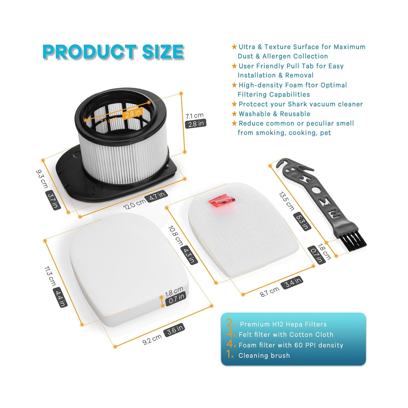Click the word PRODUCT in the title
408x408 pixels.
(90, 52)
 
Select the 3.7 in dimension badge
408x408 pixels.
(53, 200)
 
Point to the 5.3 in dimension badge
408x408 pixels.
(302, 221)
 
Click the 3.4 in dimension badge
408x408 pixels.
(292, 282)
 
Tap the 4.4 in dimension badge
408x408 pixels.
(60, 297)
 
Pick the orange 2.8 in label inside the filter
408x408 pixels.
(133, 113)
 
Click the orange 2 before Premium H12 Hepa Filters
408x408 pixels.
(229, 323)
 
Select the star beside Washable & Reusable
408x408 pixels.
(234, 113)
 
